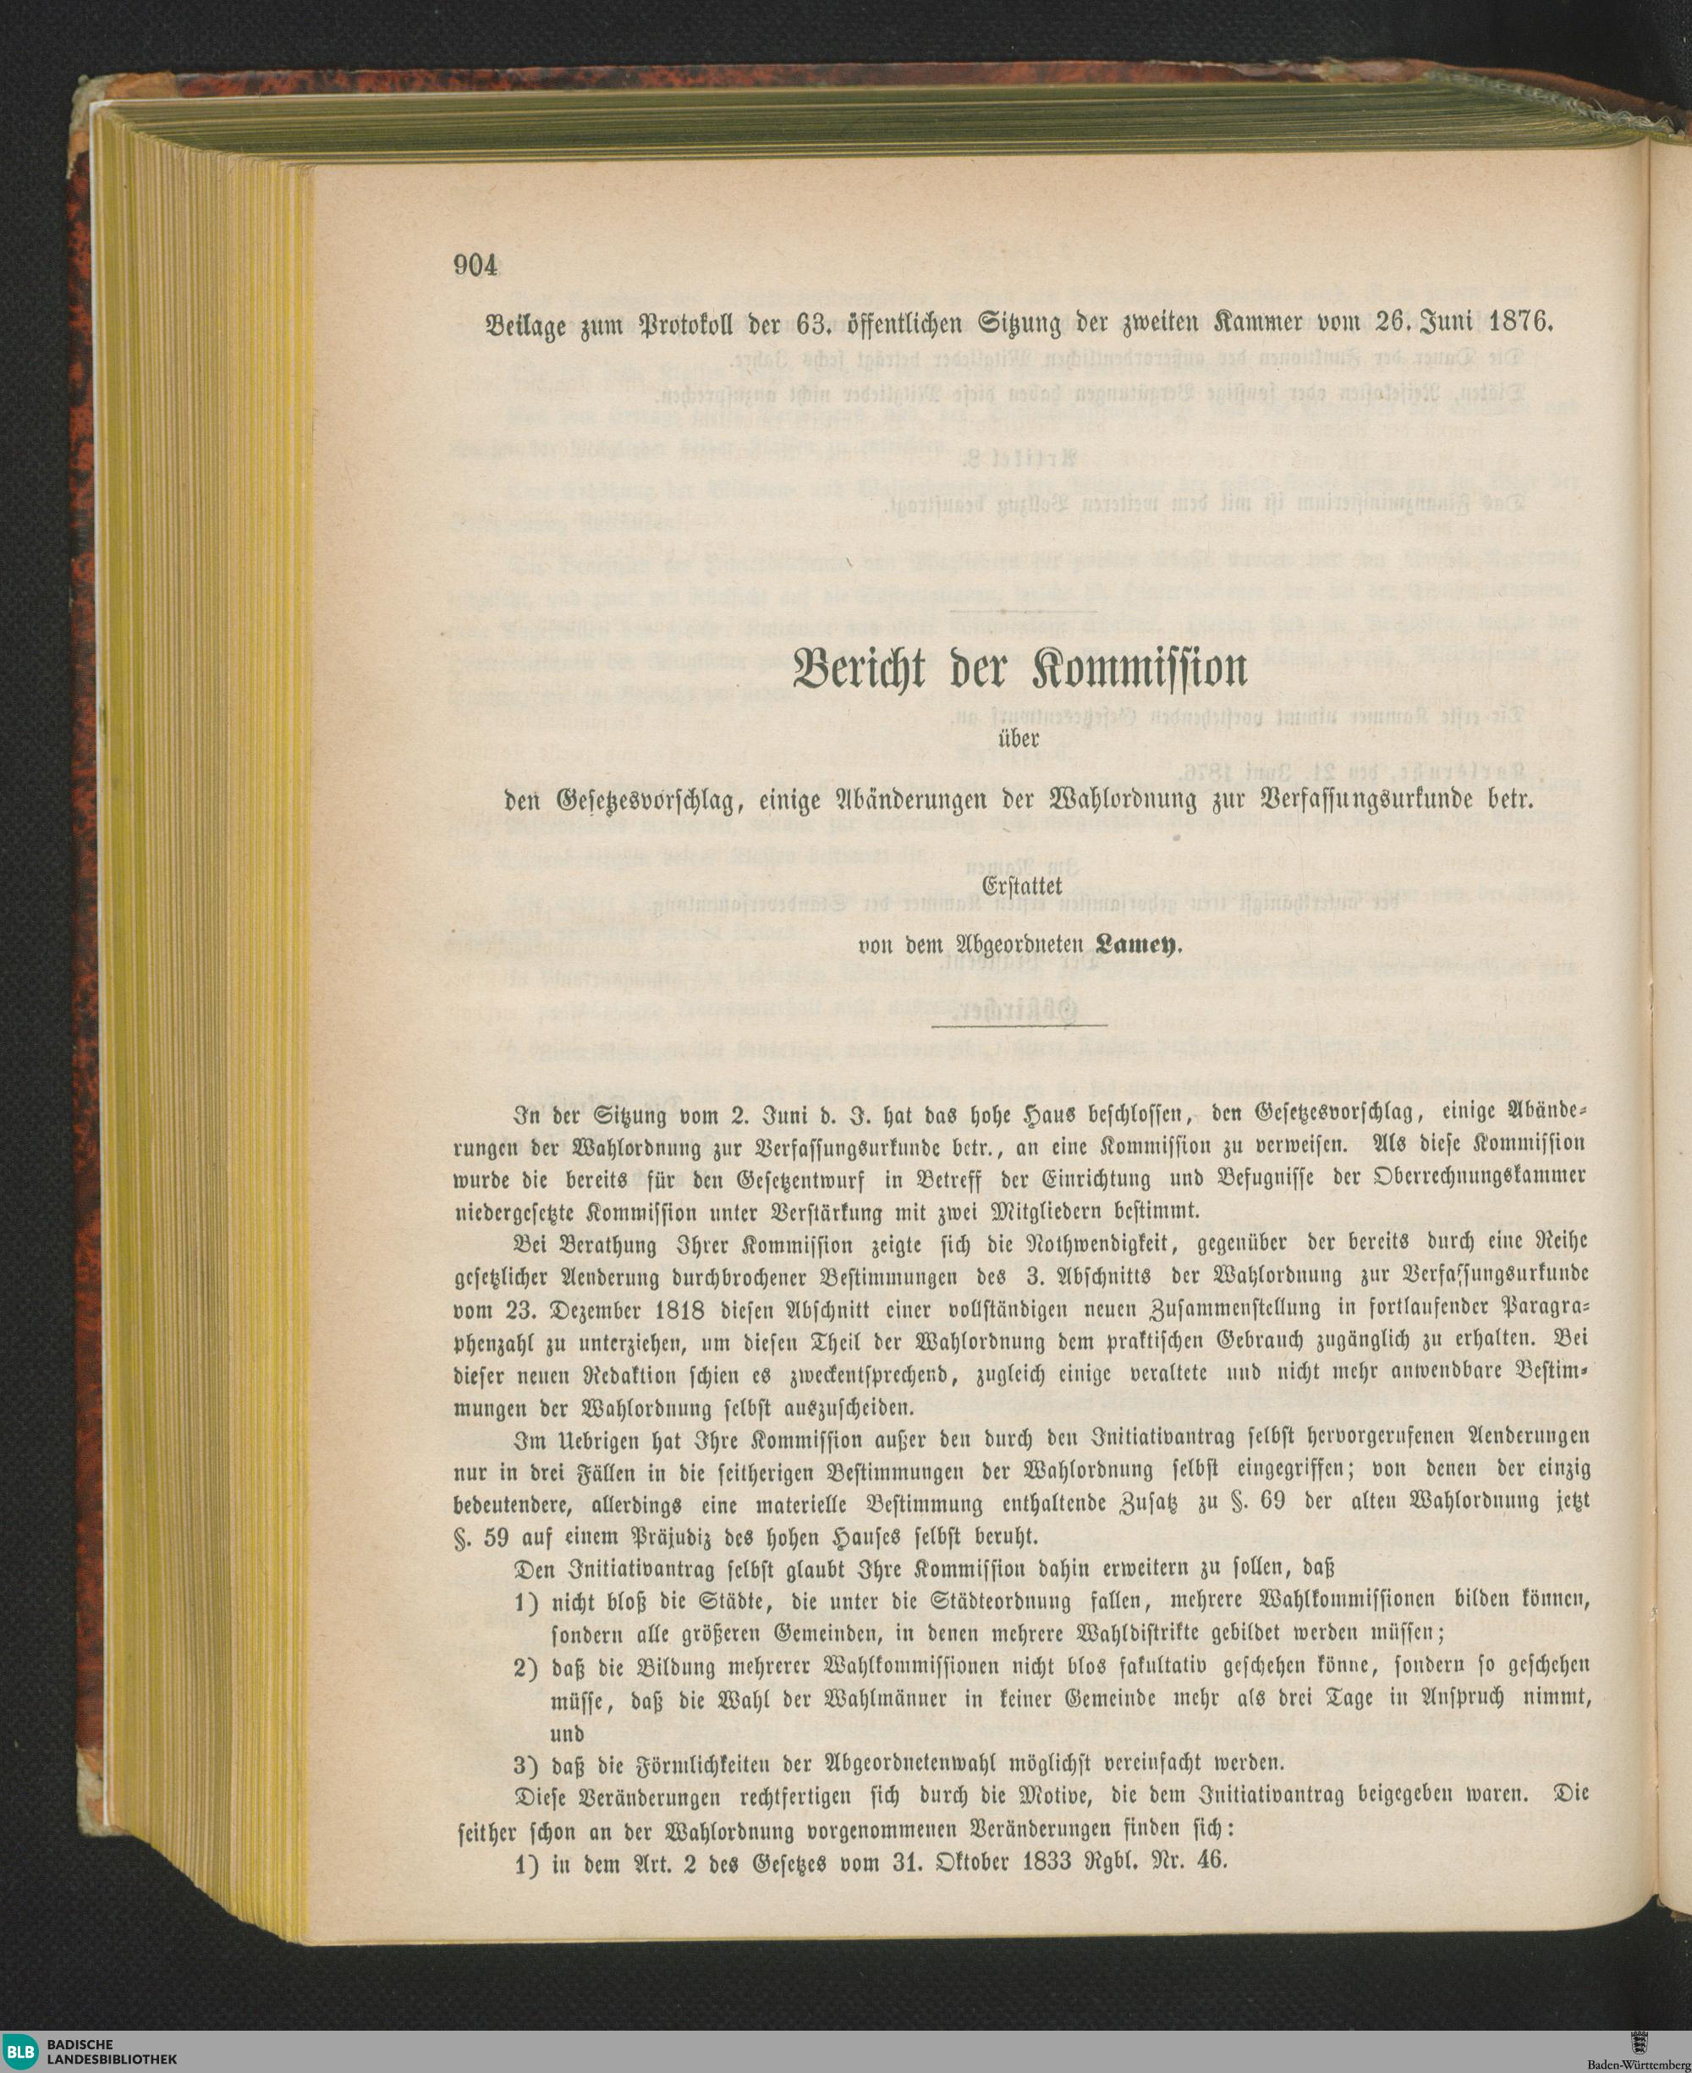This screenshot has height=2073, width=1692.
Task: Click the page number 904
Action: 475,265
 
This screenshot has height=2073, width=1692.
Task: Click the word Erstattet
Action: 1020,887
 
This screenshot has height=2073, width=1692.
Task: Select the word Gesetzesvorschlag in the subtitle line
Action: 647,800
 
